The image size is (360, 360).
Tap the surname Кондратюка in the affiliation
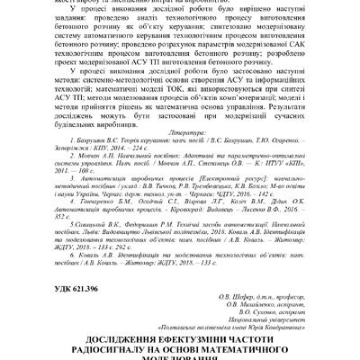[280, 324]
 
